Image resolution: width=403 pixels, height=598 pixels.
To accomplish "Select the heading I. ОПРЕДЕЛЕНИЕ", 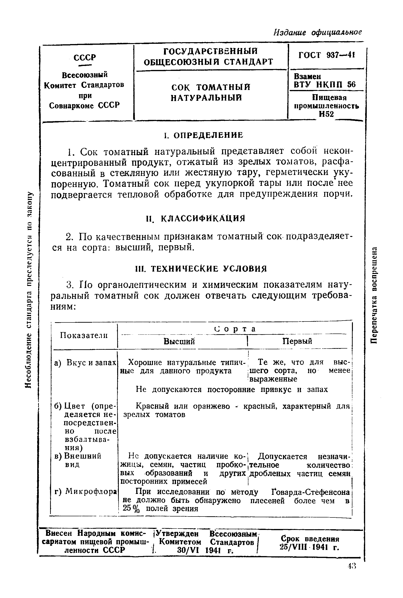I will [203, 135].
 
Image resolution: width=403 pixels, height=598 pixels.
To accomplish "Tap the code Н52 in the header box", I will [326, 114].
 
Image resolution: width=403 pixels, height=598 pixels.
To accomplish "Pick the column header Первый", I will [297, 341].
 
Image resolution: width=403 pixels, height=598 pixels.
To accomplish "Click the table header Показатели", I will [84, 335].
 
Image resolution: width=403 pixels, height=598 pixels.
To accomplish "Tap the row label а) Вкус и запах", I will [85, 362].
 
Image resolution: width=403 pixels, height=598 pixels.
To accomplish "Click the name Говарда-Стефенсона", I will [311, 492].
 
